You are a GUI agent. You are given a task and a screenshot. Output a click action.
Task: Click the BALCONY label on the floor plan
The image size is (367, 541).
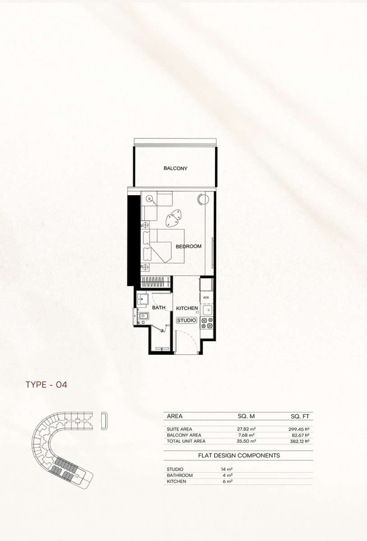click(x=175, y=168)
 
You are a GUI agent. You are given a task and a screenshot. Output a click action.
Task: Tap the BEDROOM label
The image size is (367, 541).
click(x=188, y=246)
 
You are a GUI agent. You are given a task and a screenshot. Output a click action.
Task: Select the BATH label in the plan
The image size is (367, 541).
click(x=159, y=307)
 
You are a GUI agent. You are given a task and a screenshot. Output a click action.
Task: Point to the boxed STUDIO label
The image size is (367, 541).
click(x=187, y=320)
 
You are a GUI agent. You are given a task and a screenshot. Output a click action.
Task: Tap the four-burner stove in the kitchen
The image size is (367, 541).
click(x=207, y=323)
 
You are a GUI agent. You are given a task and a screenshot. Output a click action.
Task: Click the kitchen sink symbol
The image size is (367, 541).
click(x=207, y=310)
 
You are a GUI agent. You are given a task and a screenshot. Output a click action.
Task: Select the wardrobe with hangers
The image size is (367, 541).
click(x=156, y=282)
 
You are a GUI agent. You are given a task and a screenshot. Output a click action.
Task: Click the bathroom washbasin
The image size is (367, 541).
click(x=143, y=299)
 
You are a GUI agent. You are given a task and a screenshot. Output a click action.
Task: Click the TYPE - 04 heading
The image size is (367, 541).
click(x=46, y=385)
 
